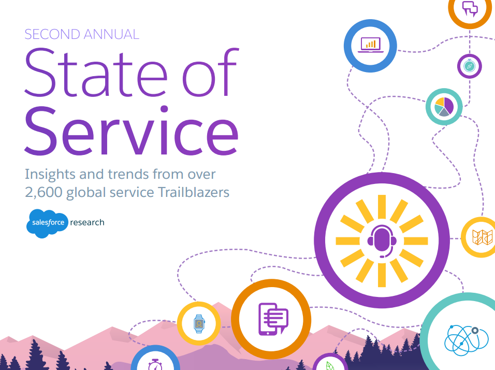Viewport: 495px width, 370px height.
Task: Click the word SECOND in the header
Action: (52, 34)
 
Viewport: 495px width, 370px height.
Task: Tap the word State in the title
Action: (96, 73)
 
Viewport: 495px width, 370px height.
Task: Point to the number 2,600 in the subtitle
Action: (43, 192)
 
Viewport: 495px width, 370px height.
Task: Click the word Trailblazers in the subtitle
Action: (194, 192)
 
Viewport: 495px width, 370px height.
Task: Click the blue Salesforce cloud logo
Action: (47, 223)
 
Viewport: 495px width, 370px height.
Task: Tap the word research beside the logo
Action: (87, 222)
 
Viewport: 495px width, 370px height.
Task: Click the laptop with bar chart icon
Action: (371, 45)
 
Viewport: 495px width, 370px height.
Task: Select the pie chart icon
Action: (444, 106)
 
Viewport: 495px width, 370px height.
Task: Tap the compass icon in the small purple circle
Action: (470, 66)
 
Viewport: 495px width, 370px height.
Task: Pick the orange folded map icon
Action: (483, 237)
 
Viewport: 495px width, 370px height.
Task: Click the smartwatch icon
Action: (199, 323)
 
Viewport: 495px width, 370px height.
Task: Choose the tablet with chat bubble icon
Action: (273, 319)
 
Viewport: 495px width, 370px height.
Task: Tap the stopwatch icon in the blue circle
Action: (155, 365)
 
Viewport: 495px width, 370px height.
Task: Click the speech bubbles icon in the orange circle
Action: (470, 8)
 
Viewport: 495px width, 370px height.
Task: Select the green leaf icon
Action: (330, 366)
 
